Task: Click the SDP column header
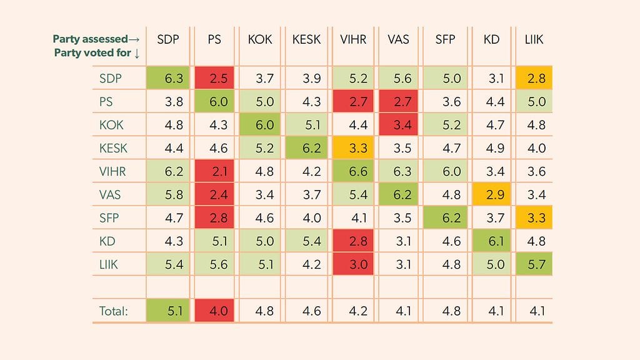169,39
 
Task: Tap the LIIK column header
534,39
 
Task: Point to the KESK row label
112,148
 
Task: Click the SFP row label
109,218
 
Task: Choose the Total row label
114,311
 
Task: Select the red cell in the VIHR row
214,171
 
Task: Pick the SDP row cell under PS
214,78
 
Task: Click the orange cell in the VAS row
491,195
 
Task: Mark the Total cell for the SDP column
169,311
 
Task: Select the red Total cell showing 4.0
214,311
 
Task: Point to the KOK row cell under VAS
399,125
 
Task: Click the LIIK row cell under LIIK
534,264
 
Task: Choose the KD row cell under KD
491,241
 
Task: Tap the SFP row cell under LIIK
534,218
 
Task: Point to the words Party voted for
93,53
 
